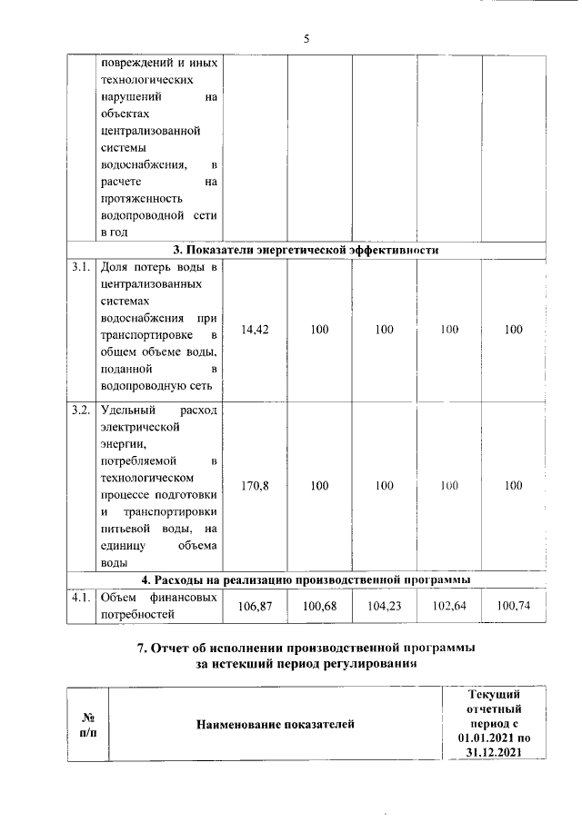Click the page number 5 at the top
coord(306,39)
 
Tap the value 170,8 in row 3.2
coord(256,486)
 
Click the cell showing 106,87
coord(256,606)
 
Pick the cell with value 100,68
coord(319,606)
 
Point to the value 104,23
coord(384,606)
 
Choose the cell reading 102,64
coord(448,606)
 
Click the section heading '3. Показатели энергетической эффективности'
coord(306,250)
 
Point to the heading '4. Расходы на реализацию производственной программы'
coord(306,579)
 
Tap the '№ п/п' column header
coord(88,724)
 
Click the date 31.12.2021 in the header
coord(492,753)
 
